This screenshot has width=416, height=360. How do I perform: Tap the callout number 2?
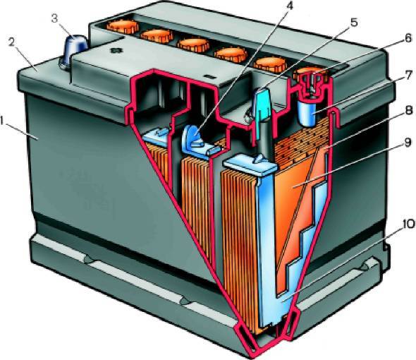coord(12,42)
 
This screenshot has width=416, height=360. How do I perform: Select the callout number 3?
coord(54,19)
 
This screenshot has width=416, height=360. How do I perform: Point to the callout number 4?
coord(290,6)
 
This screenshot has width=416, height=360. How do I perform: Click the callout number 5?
coord(354,23)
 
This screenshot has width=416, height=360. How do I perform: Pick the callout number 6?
coord(408,38)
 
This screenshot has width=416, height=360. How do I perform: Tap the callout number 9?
coord(408,143)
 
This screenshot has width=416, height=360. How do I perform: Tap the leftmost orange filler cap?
coord(123,26)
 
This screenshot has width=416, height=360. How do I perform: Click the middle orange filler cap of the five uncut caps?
coord(193,45)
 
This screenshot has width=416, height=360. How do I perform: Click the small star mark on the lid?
coord(116,51)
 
